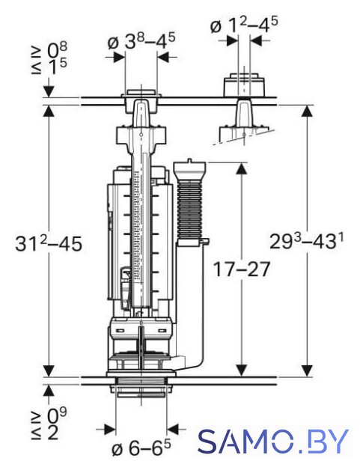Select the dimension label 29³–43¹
pyautogui.click(x=306, y=241)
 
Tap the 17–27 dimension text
pyautogui.click(x=241, y=269)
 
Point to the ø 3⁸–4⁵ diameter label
pyautogui.click(x=141, y=41)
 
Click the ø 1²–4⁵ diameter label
pyautogui.click(x=244, y=25)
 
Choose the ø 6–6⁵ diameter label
pyautogui.click(x=141, y=449)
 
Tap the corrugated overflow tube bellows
pyautogui.click(x=190, y=208)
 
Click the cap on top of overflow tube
pyautogui.click(x=190, y=168)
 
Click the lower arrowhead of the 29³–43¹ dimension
pyautogui.click(x=307, y=370)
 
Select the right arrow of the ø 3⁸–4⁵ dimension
pyautogui.click(x=164, y=57)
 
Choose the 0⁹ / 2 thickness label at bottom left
pyautogui.click(x=49, y=425)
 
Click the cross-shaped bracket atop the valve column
pyautogui.click(x=141, y=135)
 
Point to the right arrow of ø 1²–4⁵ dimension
pyautogui.click(x=257, y=40)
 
